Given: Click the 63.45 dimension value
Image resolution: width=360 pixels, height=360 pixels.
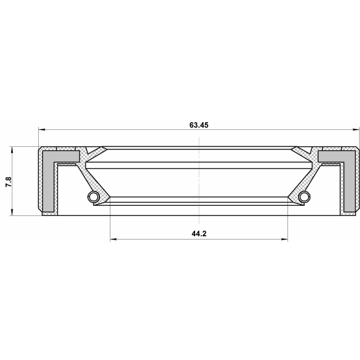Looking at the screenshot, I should [199, 125].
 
